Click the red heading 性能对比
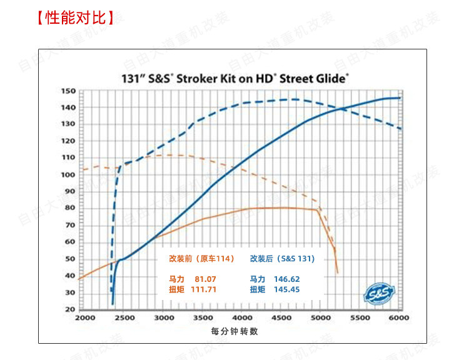(76, 17)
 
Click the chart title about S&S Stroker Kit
(234, 79)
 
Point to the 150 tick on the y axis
(68, 91)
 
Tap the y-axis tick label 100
(68, 174)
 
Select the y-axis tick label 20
(70, 309)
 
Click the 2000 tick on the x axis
(86, 318)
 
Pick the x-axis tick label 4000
(242, 318)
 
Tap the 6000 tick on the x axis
(398, 318)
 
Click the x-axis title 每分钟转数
(234, 331)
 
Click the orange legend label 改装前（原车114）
(201, 258)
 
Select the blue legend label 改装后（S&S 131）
(283, 258)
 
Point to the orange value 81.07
(205, 279)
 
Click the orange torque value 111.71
(207, 289)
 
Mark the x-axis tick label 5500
(360, 318)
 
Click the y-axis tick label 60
(70, 242)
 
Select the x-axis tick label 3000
(164, 318)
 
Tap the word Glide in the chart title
(331, 79)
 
